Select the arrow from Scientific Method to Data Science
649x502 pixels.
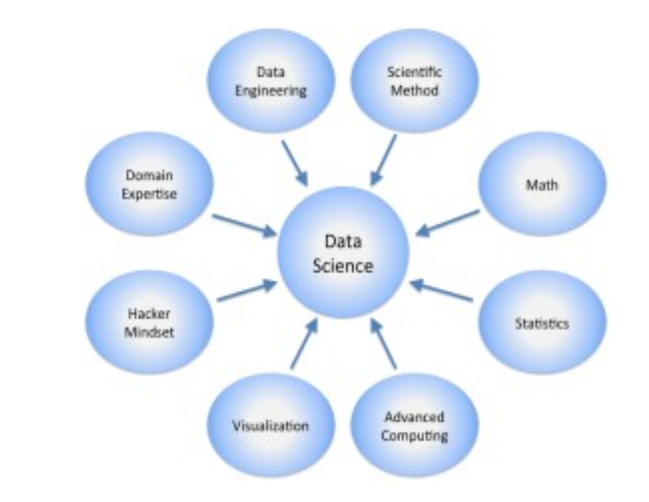[x=384, y=161]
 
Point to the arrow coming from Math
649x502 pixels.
[x=449, y=222]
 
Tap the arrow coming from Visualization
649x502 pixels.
[x=303, y=343]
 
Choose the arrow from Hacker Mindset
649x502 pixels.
[x=246, y=291]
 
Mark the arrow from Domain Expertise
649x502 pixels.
[x=242, y=223]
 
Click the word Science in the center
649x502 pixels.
[x=343, y=266]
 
